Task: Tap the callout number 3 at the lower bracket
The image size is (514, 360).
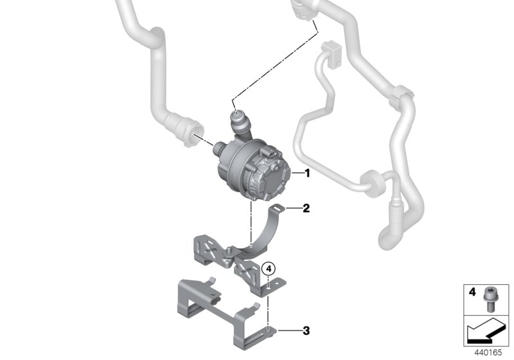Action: pos(306,332)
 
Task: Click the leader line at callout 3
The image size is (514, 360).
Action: pos(289,332)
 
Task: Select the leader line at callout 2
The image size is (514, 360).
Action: pos(294,208)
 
